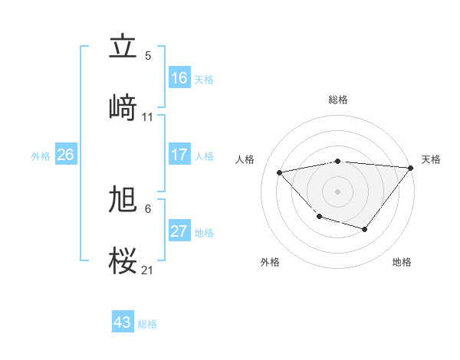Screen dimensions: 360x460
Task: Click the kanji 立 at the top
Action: coord(123,47)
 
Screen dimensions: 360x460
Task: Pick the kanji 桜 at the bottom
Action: coord(123,260)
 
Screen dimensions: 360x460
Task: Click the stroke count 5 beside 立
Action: coord(148,56)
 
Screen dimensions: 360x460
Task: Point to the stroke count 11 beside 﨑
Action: coord(148,117)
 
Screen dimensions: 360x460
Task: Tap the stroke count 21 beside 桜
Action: coord(148,270)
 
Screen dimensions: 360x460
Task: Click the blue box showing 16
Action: coord(179,78)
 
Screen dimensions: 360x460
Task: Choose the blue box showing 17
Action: coord(179,155)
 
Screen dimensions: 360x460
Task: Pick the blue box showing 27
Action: coord(179,231)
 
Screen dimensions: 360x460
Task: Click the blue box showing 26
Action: coord(65,155)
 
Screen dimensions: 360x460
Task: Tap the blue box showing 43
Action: coord(122,322)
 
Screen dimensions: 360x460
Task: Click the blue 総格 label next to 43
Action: coord(147,324)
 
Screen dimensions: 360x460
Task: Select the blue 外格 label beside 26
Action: coord(41,156)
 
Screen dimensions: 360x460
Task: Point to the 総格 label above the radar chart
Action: coord(337,100)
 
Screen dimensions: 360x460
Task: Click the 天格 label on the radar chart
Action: coord(431,159)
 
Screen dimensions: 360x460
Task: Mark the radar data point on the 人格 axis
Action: coord(280,172)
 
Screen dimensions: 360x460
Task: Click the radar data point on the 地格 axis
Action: coord(365,229)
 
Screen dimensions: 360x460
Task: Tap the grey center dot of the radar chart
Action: coord(337,191)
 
